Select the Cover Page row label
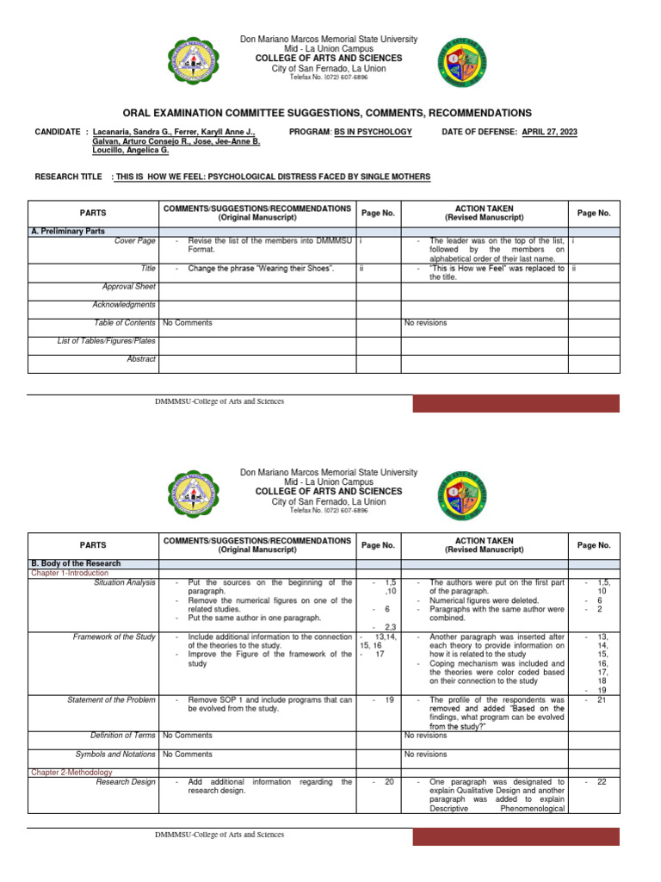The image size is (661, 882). point(135,242)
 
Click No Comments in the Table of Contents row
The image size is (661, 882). point(187,323)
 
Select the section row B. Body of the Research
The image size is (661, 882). point(76,563)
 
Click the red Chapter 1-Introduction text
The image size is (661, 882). point(70,573)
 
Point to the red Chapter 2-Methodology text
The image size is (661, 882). point(70,773)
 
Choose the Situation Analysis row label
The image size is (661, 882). point(125,583)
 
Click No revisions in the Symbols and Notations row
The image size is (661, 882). point(426,754)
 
